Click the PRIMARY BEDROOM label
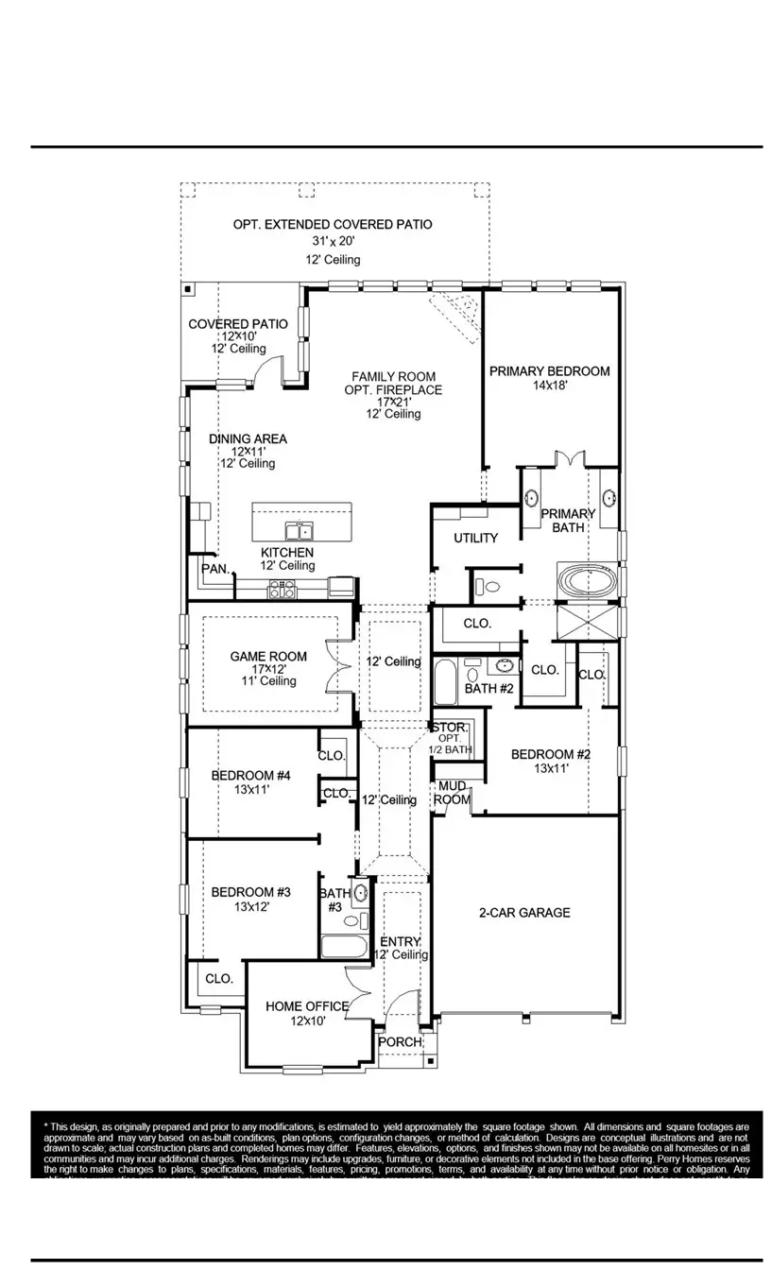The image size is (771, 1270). pos(549,371)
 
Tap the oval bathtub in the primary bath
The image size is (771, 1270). pos(586,579)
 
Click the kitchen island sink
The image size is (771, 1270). pos(300,530)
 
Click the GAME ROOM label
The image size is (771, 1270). pos(268,657)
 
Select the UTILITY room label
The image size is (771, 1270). pos(475,538)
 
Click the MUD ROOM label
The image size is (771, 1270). pos(452,793)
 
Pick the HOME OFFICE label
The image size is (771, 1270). pos(307,1006)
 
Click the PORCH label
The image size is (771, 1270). pos(400,1041)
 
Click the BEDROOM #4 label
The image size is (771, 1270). pos(250,776)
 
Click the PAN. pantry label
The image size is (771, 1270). pos(214,569)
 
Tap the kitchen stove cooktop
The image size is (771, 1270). pos(282,590)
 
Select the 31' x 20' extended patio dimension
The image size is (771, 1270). pos(333,242)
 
